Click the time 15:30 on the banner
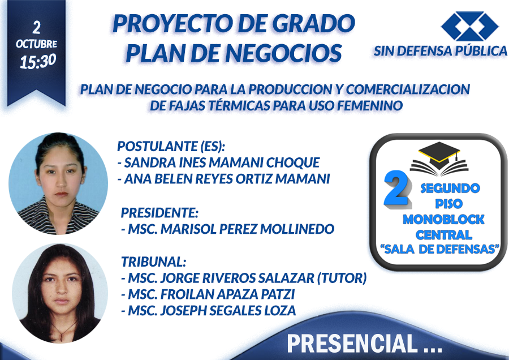tap(38, 61)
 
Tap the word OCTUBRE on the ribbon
tap(36, 44)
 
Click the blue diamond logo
tap(470, 26)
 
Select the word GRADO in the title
tap(313, 23)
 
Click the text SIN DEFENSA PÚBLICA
tap(440, 51)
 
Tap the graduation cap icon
tap(439, 158)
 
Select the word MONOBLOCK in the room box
tap(443, 219)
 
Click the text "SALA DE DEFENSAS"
tap(439, 249)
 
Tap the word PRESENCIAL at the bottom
tap(352, 344)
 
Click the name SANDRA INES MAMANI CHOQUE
tap(222, 162)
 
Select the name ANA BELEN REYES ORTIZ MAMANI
tap(227, 179)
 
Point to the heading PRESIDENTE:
tap(159, 213)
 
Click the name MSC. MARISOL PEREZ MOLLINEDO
tap(231, 229)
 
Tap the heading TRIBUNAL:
tap(153, 262)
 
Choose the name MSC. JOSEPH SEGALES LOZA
tap(212, 311)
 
